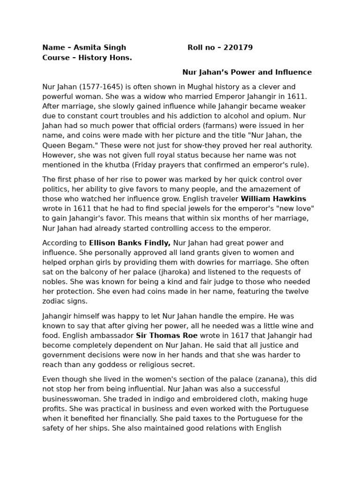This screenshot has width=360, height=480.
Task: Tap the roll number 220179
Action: pyautogui.click(x=238, y=47)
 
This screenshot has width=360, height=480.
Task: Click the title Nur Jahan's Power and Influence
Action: pyautogui.click(x=247, y=72)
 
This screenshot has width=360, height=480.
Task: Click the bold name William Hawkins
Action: pyautogui.click(x=273, y=199)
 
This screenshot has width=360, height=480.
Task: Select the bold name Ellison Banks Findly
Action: pyautogui.click(x=130, y=243)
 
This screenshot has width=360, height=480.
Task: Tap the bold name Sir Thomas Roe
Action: pyautogui.click(x=166, y=336)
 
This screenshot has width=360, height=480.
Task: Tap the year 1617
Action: pyautogui.click(x=232, y=336)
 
